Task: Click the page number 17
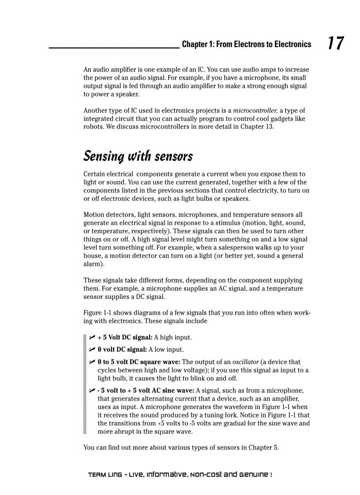335,43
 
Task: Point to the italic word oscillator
245,362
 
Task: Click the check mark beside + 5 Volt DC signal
92,337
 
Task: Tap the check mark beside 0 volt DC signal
92,350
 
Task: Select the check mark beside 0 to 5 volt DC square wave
92,362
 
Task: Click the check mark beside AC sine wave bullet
92,391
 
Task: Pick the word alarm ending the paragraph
92,264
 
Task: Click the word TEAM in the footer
96,475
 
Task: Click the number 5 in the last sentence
275,448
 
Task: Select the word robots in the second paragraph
93,127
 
